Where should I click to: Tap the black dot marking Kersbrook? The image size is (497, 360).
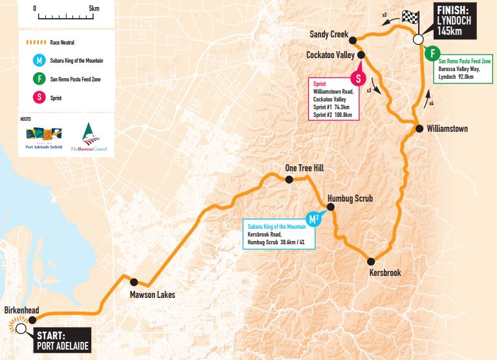click(371, 261)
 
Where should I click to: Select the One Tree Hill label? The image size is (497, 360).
click(304, 168)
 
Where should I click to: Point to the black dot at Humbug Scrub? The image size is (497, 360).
click(330, 207)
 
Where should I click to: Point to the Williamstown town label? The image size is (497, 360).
click(447, 129)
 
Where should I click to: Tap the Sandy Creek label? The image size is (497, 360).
click(329, 34)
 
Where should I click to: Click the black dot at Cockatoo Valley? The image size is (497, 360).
click(361, 56)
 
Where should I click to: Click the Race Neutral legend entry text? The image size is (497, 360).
click(63, 43)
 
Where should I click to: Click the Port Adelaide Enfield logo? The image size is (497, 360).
click(44, 138)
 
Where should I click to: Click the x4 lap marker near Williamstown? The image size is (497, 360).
click(430, 101)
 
